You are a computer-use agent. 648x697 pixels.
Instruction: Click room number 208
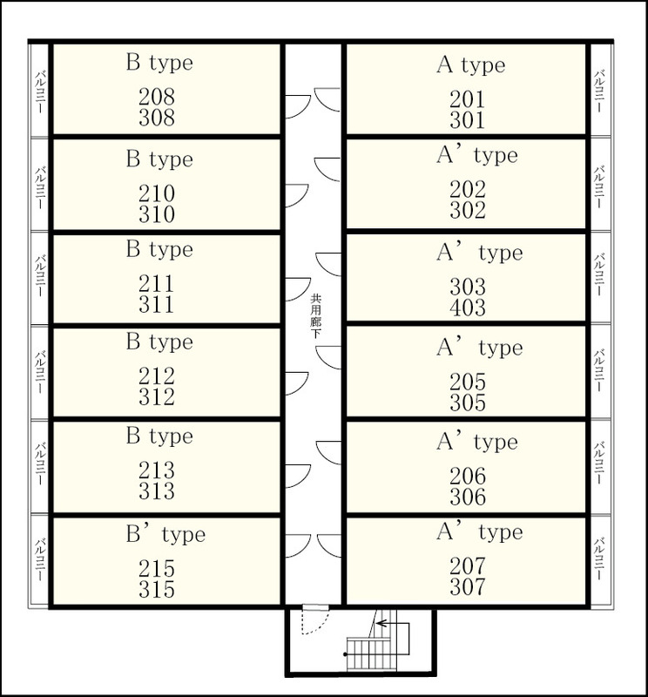[x=157, y=97]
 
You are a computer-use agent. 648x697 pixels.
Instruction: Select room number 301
[x=467, y=120]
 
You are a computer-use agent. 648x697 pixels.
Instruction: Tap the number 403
[x=468, y=308]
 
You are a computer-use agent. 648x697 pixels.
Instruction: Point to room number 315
[x=157, y=589]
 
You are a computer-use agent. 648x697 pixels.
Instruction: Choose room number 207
[x=468, y=565]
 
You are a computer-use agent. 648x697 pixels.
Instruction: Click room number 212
[x=157, y=376]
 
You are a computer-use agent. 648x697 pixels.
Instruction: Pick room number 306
[x=468, y=497]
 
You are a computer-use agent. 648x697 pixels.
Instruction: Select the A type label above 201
[x=470, y=65]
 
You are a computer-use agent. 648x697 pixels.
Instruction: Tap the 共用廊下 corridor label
[x=315, y=316]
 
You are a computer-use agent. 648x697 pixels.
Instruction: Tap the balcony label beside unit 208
[x=40, y=91]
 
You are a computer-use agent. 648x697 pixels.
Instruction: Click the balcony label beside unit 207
[x=599, y=558]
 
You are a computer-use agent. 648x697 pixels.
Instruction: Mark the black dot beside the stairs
[x=345, y=654]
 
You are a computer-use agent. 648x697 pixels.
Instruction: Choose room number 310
[x=157, y=214]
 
